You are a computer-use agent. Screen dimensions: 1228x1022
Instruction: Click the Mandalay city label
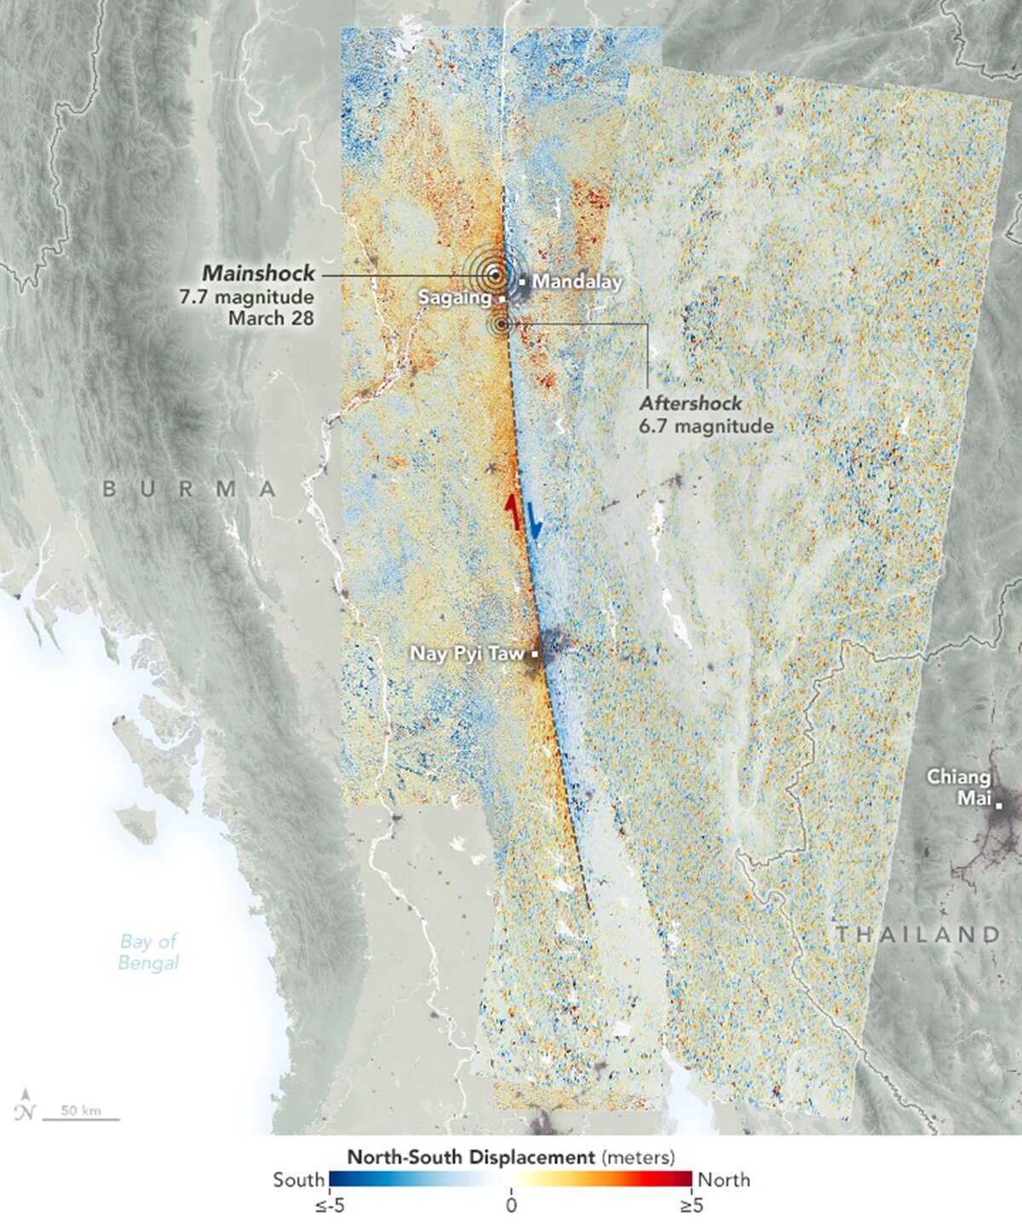577,281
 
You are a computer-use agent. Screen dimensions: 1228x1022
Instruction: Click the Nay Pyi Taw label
468,654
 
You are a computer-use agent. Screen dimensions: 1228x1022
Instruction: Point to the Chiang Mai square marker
999,806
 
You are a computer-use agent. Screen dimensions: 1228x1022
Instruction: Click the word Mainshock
258,273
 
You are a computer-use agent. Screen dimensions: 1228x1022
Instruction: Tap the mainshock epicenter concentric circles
494,274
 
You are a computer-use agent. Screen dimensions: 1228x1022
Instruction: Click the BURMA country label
189,489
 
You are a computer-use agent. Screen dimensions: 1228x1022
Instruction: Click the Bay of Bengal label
148,952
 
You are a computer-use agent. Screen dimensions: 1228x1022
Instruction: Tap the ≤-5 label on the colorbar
328,1205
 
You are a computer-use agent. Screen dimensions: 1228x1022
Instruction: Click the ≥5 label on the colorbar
691,1205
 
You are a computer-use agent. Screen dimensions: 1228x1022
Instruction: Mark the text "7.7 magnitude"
261,297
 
